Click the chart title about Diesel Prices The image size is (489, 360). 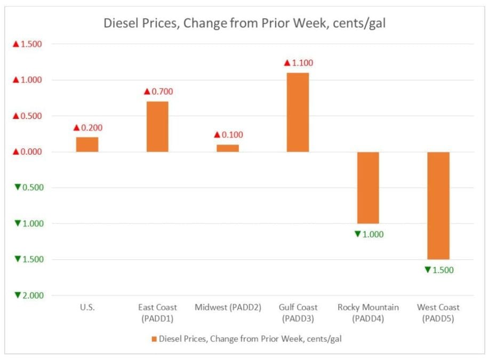pos(244,23)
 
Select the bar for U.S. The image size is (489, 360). pos(87,145)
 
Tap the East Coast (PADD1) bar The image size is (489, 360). pos(157,126)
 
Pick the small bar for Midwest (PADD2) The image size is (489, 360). pos(228,148)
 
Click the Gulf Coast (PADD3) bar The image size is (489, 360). pos(298,112)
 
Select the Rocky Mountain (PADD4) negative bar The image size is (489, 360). pos(368,188)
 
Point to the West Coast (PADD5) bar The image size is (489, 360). pos(438,205)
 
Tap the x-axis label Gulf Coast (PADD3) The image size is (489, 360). pos(298,313)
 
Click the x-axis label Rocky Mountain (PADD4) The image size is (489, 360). pos(368,313)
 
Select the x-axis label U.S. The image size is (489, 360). pos(87,307)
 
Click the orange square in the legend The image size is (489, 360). pos(154,339)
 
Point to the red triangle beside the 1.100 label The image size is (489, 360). pos(287,63)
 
